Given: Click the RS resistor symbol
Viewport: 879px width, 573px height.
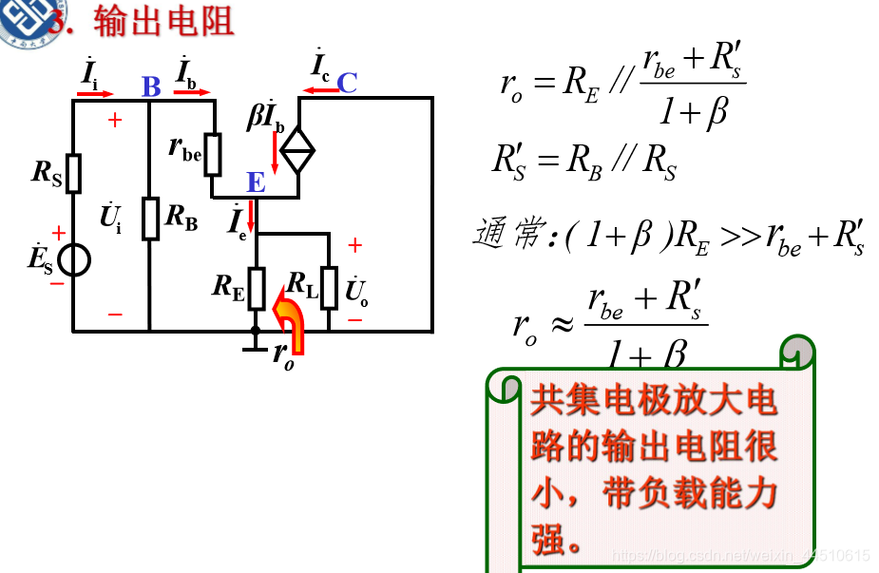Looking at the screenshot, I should click(x=73, y=173).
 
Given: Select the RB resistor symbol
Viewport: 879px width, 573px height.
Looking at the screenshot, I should click(x=150, y=219).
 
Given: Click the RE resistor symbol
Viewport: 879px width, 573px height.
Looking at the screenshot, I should click(x=256, y=288).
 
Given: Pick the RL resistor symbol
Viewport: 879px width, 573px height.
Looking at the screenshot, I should click(x=329, y=288).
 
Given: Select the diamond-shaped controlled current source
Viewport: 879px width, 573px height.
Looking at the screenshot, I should click(x=298, y=150).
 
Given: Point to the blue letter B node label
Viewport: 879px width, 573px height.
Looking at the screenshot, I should click(x=151, y=87).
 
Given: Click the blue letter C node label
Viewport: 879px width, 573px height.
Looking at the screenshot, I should click(x=347, y=84).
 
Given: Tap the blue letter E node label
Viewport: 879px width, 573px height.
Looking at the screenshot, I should click(x=256, y=182).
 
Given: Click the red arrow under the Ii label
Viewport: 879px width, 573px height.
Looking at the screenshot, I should click(x=98, y=94).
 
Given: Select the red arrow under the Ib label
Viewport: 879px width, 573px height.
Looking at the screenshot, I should click(x=193, y=94).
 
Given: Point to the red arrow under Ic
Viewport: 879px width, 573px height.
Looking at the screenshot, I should click(x=319, y=92).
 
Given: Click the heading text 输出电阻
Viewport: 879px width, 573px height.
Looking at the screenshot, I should click(x=164, y=21).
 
